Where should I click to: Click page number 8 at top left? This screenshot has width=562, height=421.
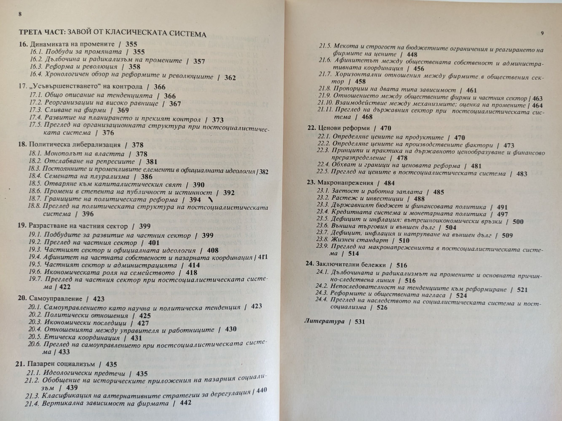pyautogui.click(x=20, y=14)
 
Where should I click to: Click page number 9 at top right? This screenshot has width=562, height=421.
pyautogui.click(x=542, y=33)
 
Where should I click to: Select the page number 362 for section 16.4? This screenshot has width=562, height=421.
pyautogui.click(x=230, y=77)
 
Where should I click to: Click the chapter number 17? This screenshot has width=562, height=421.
pyautogui.click(x=22, y=86)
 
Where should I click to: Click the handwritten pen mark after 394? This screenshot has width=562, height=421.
pyautogui.click(x=210, y=200)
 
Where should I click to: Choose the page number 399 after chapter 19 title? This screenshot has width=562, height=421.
pyautogui.click(x=145, y=226)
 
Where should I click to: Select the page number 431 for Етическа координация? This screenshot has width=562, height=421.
pyautogui.click(x=136, y=338)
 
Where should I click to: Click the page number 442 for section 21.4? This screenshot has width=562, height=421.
pyautogui.click(x=185, y=403)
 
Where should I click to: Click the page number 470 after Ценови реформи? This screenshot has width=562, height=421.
pyautogui.click(x=386, y=128)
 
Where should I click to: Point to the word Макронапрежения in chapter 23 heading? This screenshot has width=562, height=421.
pyautogui.click(x=345, y=183)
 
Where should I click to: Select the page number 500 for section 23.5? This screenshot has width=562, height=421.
pyautogui.click(x=518, y=221)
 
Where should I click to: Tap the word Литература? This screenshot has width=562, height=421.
pyautogui.click(x=324, y=321)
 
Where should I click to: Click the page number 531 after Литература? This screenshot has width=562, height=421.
pyautogui.click(x=360, y=322)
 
